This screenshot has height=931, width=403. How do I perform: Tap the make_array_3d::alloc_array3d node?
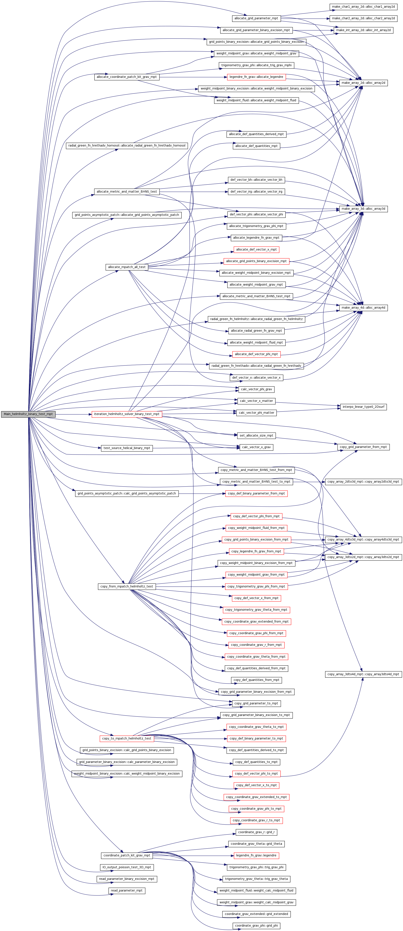363,209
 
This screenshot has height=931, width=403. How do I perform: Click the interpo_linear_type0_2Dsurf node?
363,407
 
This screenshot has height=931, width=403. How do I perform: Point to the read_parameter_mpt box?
127,890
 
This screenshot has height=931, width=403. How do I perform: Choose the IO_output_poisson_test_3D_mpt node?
127,867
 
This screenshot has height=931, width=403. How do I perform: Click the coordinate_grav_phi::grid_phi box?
256,926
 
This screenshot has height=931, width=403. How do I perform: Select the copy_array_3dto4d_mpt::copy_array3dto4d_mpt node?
363,674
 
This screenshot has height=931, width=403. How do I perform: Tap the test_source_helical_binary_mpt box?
127,448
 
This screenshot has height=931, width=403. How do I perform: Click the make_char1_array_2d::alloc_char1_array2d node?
363,7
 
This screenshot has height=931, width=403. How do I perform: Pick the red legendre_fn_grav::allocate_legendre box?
256,77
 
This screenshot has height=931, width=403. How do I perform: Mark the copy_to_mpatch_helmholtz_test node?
127,738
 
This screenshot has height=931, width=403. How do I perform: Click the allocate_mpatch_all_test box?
127,267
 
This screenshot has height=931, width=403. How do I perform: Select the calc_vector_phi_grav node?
256,389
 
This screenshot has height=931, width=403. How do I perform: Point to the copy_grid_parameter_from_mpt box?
363,447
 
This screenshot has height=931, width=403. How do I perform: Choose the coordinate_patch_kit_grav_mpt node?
127,856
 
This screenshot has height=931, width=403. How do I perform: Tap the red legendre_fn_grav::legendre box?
256,856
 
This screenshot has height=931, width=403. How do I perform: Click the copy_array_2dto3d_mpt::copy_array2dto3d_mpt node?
363,482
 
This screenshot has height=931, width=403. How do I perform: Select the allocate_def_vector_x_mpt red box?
256,250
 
